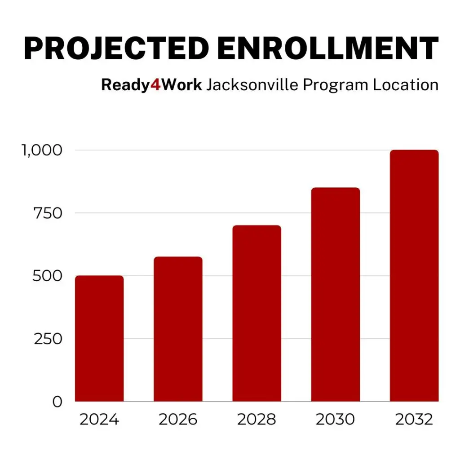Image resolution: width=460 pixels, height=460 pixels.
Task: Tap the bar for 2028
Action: click(257, 313)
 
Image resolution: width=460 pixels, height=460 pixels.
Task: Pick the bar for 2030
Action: click(335, 294)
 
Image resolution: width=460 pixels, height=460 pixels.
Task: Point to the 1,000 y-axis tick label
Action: click(41, 150)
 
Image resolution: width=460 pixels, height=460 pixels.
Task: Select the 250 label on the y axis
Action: click(48, 339)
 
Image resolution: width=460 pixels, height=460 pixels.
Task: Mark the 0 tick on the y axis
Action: click(57, 402)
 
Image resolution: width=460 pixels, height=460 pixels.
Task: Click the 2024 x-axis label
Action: click(99, 420)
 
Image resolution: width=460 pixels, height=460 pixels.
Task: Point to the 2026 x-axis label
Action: click(178, 420)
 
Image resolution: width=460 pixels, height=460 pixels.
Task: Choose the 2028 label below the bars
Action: click(257, 420)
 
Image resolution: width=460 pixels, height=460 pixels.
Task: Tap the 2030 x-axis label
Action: click(335, 420)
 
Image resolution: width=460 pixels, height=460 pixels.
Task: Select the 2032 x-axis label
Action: click(414, 420)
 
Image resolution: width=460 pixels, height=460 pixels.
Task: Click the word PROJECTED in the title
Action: click(116, 48)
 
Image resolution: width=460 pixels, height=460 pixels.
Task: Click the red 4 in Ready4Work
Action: click(155, 84)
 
